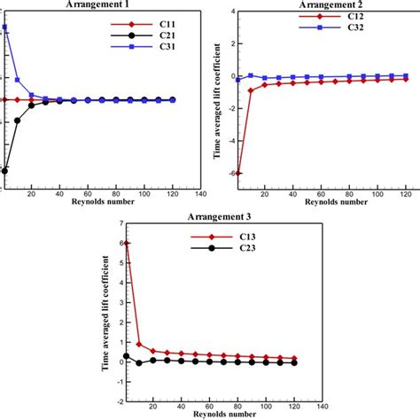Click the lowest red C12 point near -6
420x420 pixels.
[237, 173]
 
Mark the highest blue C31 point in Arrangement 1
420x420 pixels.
[4, 27]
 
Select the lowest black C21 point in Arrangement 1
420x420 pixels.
[4, 170]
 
